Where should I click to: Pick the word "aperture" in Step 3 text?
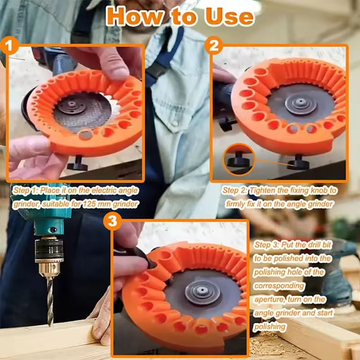[268, 299]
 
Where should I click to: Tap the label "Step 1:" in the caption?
[25, 190]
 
